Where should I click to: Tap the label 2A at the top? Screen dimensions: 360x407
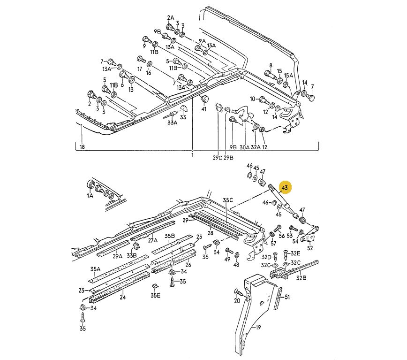point(170,18)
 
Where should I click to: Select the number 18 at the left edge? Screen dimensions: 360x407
point(83,147)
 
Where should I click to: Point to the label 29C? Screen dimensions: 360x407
point(217,158)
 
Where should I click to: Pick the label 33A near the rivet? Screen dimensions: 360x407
point(173,123)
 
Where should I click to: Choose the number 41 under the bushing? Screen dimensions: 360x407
point(204,109)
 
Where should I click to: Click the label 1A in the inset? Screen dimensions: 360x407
point(90,196)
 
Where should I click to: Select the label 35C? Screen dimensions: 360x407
point(228,200)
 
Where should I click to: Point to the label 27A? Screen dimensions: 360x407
point(153,240)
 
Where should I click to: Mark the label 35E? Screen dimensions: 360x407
point(155,295)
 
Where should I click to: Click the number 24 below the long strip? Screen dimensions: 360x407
point(123,297)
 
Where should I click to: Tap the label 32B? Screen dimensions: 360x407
point(301,278)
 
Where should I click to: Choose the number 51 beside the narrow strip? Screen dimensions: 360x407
point(287,297)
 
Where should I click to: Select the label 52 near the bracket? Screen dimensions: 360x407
point(310,248)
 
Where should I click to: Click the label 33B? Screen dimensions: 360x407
point(133,256)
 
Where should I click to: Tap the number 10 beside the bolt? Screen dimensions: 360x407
point(252,99)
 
